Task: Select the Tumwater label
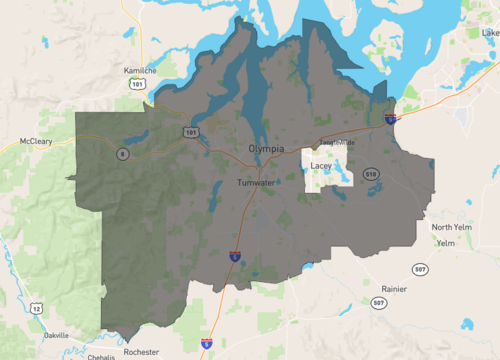tap(256, 184)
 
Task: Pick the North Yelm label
tap(449, 227)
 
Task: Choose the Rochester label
tap(141, 352)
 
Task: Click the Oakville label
tap(57, 336)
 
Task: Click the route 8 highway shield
tap(121, 153)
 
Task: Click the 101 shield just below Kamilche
tap(136, 85)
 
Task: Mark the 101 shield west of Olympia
tap(190, 132)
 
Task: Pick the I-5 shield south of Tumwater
tap(235, 257)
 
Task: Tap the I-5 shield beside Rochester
tap(206, 343)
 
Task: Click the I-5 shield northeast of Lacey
tap(390, 118)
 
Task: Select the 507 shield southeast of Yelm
tap(420, 269)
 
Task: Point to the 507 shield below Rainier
tap(377, 302)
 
